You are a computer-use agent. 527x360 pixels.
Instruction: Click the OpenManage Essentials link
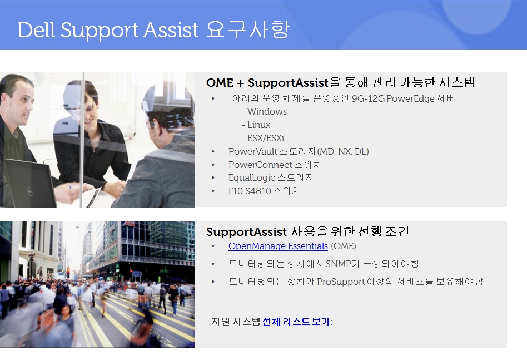tap(278, 246)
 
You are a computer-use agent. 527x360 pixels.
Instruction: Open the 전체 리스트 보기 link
tap(296, 321)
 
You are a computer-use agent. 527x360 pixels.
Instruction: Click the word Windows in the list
tap(267, 111)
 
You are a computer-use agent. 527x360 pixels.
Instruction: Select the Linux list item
tap(259, 125)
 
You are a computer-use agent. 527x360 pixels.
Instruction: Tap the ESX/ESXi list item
tap(266, 138)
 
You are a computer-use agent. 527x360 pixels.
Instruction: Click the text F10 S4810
tap(250, 191)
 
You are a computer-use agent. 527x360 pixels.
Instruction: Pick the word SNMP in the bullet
tap(338, 263)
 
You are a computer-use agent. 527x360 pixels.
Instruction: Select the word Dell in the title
tap(36, 30)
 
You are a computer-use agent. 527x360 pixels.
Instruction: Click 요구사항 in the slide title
tap(247, 29)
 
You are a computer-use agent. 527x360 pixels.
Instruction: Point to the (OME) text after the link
tap(344, 246)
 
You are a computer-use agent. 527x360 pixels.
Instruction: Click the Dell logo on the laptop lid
tap(30, 191)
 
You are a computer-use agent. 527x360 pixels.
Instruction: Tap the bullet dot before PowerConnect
tap(213, 165)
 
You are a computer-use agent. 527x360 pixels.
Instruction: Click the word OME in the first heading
tap(220, 83)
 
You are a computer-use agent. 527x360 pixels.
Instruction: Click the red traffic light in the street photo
tap(68, 270)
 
